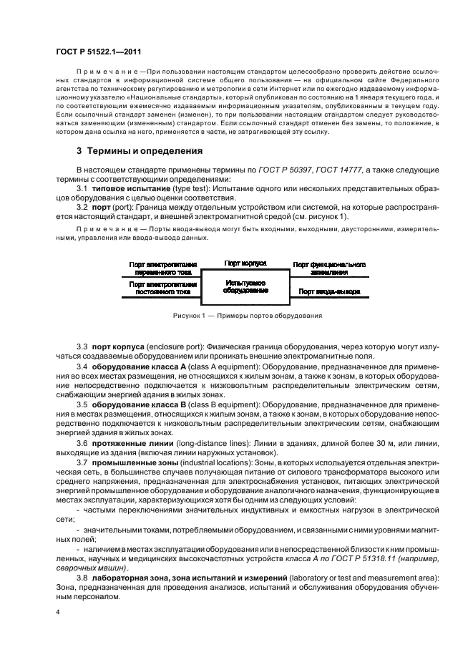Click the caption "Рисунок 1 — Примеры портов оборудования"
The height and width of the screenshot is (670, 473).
coord(247,316)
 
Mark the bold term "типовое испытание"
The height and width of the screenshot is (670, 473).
coord(127,188)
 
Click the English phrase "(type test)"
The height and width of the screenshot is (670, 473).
coord(185,188)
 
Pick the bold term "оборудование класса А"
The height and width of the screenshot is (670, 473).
coord(140,367)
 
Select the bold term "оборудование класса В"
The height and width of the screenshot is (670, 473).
coord(140,404)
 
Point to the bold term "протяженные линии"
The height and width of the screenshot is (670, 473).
coord(130,442)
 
